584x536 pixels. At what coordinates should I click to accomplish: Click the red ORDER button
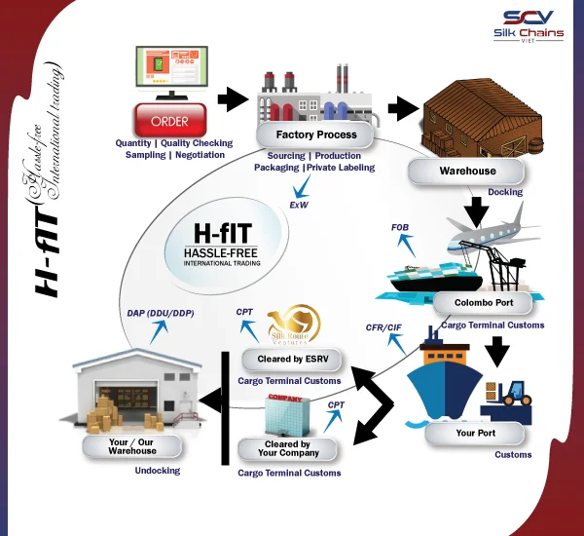tap(170, 122)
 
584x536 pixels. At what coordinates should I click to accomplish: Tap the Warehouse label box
tap(466, 171)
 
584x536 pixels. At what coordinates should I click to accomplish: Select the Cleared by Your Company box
tap(287, 449)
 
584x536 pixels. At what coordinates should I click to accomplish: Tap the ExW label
tap(299, 206)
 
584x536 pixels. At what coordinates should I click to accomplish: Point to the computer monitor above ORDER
tap(169, 73)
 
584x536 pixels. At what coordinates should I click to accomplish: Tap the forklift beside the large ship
tap(510, 389)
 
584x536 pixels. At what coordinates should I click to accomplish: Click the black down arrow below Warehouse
tap(476, 209)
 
